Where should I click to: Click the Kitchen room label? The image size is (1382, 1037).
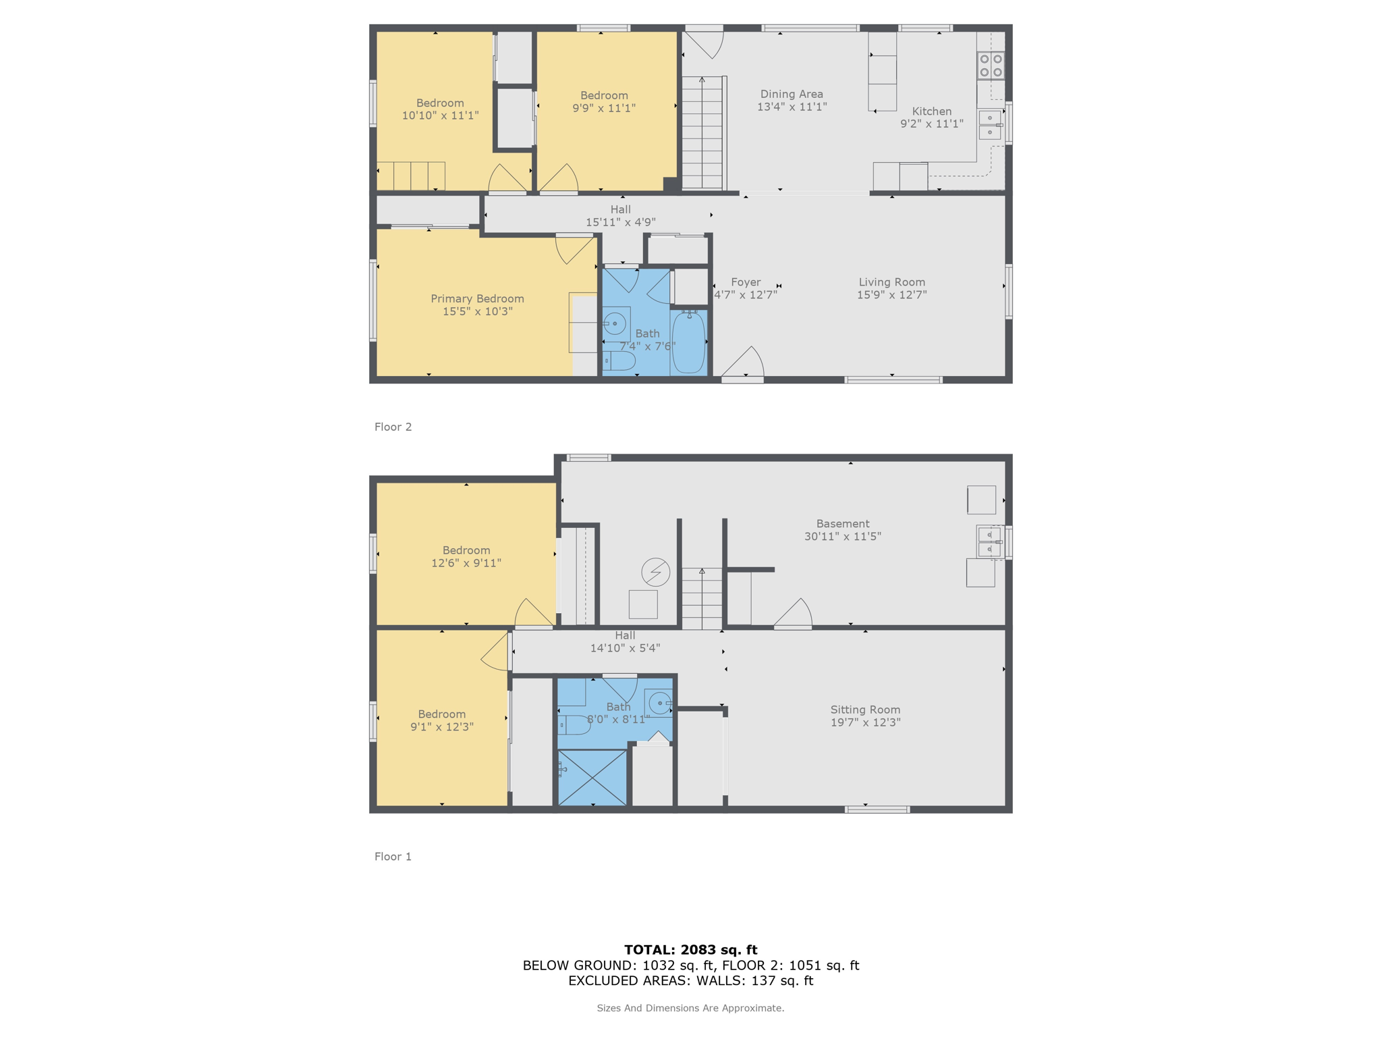(x=931, y=111)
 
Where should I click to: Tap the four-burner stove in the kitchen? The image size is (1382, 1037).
(x=991, y=65)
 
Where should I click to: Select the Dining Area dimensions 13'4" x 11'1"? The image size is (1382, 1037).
(x=792, y=107)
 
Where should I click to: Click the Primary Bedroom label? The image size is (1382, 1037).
(x=477, y=298)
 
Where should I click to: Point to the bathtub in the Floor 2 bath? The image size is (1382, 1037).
(x=688, y=342)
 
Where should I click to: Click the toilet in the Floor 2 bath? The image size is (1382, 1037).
(x=619, y=361)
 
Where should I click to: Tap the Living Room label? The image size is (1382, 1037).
(x=891, y=282)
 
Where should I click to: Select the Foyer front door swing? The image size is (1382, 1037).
(x=744, y=363)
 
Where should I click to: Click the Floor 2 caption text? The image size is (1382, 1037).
(x=393, y=427)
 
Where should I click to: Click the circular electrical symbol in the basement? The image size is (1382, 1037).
(x=655, y=572)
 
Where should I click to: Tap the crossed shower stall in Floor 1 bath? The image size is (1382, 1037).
(x=592, y=778)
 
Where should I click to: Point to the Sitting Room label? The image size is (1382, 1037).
(x=865, y=710)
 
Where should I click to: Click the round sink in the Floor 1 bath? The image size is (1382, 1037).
(x=659, y=703)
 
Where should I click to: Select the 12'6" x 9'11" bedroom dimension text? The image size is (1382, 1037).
(x=466, y=563)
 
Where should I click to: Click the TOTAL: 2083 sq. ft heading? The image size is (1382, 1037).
(x=690, y=950)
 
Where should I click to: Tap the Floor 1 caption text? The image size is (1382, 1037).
(x=393, y=856)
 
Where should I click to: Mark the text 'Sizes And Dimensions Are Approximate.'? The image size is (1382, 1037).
(x=690, y=1008)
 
